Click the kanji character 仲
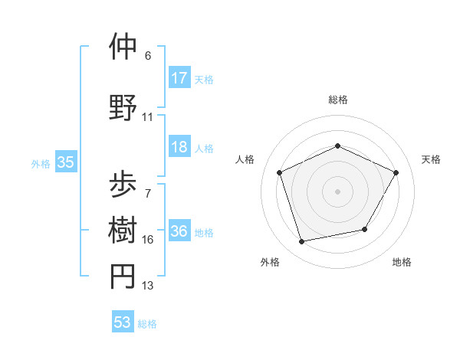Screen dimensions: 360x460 (x=123, y=47)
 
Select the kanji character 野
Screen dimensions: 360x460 (x=123, y=106)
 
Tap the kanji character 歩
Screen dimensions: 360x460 (x=123, y=183)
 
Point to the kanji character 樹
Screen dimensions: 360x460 (x=123, y=229)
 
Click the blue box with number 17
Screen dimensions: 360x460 (x=179, y=77)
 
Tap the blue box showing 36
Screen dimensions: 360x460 (x=179, y=231)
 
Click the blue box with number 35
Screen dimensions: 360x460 (x=66, y=162)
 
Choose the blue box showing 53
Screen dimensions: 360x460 (x=123, y=322)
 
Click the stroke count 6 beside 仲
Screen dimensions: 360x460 (x=148, y=56)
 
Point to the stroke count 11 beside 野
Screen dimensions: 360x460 (x=148, y=117)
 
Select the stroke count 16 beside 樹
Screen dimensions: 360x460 (x=148, y=240)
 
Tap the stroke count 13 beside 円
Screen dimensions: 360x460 (x=148, y=286)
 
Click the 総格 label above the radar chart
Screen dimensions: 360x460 (x=337, y=100)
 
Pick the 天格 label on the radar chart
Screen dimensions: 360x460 (x=431, y=159)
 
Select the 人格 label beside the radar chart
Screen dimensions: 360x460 (x=245, y=159)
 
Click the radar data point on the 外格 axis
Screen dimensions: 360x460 (x=302, y=242)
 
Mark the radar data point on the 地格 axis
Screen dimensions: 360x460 (x=365, y=229)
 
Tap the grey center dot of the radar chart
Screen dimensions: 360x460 (x=337, y=191)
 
